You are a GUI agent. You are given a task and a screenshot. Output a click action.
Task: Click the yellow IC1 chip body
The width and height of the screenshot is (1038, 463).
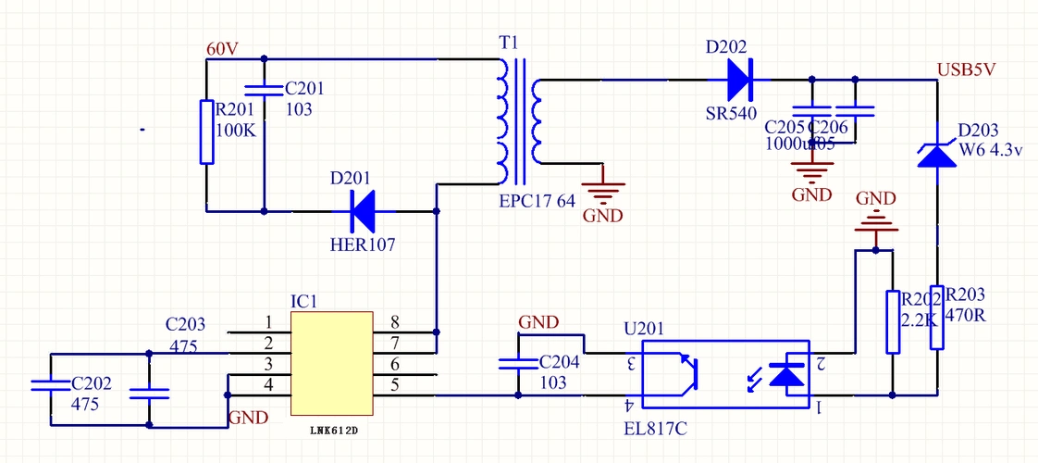click(x=332, y=364)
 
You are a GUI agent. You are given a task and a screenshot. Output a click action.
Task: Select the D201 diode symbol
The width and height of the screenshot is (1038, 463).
click(x=362, y=211)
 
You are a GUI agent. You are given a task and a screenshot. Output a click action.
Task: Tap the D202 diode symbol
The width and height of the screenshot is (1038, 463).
click(x=740, y=80)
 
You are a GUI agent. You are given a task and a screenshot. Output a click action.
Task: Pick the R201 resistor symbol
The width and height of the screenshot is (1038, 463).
click(x=208, y=132)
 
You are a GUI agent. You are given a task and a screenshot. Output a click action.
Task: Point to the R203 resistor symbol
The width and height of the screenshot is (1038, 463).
click(x=936, y=317)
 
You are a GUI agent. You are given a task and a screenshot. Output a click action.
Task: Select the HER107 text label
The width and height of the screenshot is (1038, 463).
click(x=363, y=245)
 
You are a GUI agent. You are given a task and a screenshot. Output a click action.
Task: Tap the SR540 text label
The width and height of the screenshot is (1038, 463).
click(x=731, y=113)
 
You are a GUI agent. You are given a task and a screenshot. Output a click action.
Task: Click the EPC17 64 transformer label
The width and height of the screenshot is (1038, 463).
click(x=537, y=200)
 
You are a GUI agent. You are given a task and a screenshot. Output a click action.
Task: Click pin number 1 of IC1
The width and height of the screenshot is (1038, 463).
click(x=268, y=322)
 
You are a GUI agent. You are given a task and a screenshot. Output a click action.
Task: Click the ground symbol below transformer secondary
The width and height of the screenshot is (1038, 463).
click(x=602, y=194)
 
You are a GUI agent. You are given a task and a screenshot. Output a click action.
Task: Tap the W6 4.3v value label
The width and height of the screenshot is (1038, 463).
click(x=990, y=150)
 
